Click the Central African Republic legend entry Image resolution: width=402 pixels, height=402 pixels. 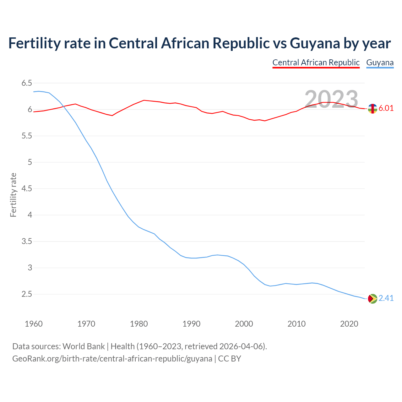click(316, 62)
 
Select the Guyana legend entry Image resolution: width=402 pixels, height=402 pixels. click(380, 62)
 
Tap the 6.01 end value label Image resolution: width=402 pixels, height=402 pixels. click(386, 108)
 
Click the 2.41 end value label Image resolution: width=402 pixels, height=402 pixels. click(386, 298)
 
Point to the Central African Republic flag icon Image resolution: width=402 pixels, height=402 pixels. click(372, 109)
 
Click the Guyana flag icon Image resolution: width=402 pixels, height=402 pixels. click(372, 298)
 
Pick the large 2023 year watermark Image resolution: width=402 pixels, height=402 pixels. click(331, 99)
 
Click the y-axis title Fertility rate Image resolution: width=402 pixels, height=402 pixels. click(13, 195)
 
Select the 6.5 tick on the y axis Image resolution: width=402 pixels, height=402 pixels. click(27, 83)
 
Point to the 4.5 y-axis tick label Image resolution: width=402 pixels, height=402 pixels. click(27, 189)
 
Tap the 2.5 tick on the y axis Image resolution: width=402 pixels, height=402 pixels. click(27, 294)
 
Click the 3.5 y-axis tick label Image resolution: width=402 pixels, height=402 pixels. click(27, 242)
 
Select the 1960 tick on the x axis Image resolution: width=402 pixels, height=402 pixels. click(34, 324)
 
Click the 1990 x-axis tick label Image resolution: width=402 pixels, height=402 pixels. click(191, 324)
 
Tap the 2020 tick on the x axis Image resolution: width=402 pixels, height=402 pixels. click(349, 324)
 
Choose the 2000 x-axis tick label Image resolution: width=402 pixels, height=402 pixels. click(244, 324)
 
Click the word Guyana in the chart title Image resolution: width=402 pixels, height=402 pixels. click(315, 43)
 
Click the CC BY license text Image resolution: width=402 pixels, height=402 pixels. click(230, 359)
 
